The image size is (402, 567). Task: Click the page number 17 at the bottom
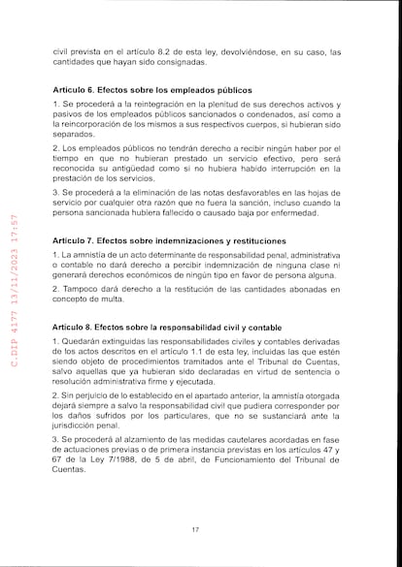[195, 528]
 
